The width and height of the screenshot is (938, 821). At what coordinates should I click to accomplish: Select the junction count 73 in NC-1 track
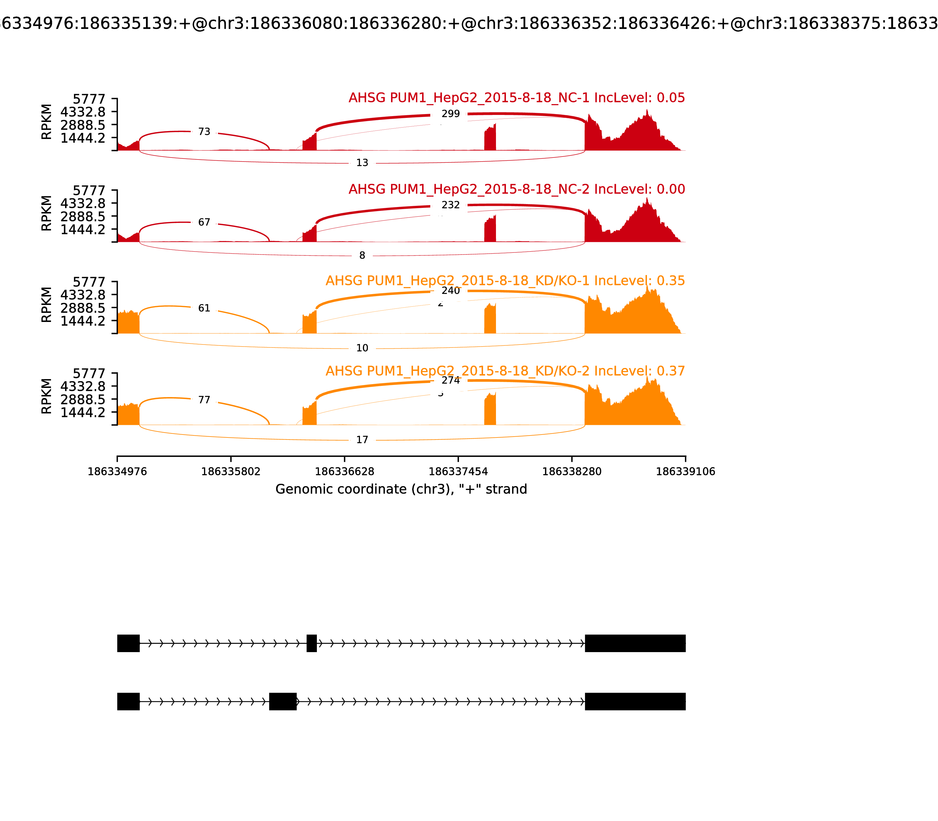tap(204, 132)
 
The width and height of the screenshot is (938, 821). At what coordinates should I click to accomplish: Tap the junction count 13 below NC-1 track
tap(362, 163)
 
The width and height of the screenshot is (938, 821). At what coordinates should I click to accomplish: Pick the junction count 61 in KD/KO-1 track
tap(204, 308)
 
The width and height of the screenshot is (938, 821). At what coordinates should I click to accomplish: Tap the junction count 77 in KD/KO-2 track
tap(204, 400)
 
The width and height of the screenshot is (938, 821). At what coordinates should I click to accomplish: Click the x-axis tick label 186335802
tap(231, 471)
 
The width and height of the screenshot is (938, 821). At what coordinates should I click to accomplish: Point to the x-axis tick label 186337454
tap(458, 471)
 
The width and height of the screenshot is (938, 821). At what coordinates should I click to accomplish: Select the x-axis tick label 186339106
tap(685, 471)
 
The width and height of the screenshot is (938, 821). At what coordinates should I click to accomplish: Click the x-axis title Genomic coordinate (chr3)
tap(401, 489)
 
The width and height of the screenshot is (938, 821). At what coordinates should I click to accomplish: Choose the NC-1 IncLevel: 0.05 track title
tap(516, 98)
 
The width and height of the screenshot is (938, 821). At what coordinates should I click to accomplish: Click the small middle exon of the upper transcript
tap(311, 643)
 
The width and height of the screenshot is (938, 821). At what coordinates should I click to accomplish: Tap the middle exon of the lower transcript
tap(283, 701)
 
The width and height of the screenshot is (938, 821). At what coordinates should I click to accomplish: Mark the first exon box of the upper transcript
tap(128, 643)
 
